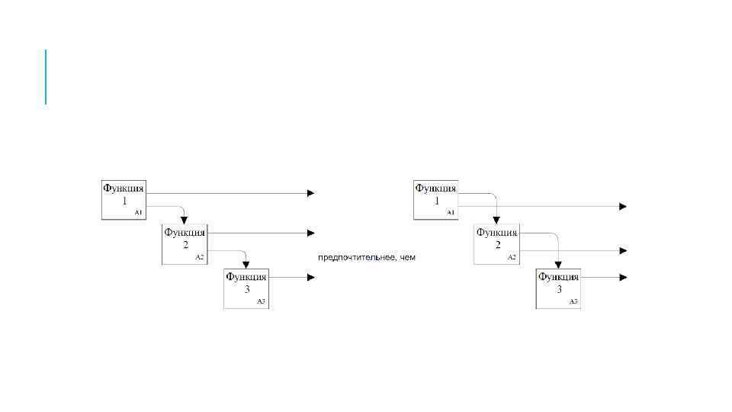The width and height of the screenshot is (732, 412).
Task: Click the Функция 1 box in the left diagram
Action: (124, 200)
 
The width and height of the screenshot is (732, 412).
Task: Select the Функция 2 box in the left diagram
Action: (185, 244)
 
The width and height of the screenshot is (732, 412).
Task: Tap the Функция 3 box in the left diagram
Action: (246, 288)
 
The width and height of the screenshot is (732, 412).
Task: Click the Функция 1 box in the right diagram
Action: (435, 200)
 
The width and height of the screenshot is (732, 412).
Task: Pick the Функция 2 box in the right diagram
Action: (496, 244)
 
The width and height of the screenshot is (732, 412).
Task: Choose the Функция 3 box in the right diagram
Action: (558, 288)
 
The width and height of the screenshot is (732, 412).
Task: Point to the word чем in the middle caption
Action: (408, 258)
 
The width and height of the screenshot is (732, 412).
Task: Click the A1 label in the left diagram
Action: (138, 213)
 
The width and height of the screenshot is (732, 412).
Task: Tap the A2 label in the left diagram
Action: (200, 257)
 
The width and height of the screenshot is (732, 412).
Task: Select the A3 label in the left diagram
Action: (261, 302)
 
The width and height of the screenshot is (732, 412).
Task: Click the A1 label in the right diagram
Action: (450, 212)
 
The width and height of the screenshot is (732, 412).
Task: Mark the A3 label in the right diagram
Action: (573, 302)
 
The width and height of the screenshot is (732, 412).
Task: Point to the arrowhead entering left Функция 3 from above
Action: (246, 265)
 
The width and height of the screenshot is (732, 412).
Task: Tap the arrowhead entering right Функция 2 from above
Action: (496, 220)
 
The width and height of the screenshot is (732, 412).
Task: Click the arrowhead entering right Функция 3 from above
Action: (558, 265)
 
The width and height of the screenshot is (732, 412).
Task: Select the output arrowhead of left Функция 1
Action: (310, 193)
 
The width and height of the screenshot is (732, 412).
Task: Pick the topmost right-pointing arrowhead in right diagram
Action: (623, 207)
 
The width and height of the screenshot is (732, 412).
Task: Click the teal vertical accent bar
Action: (46, 76)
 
